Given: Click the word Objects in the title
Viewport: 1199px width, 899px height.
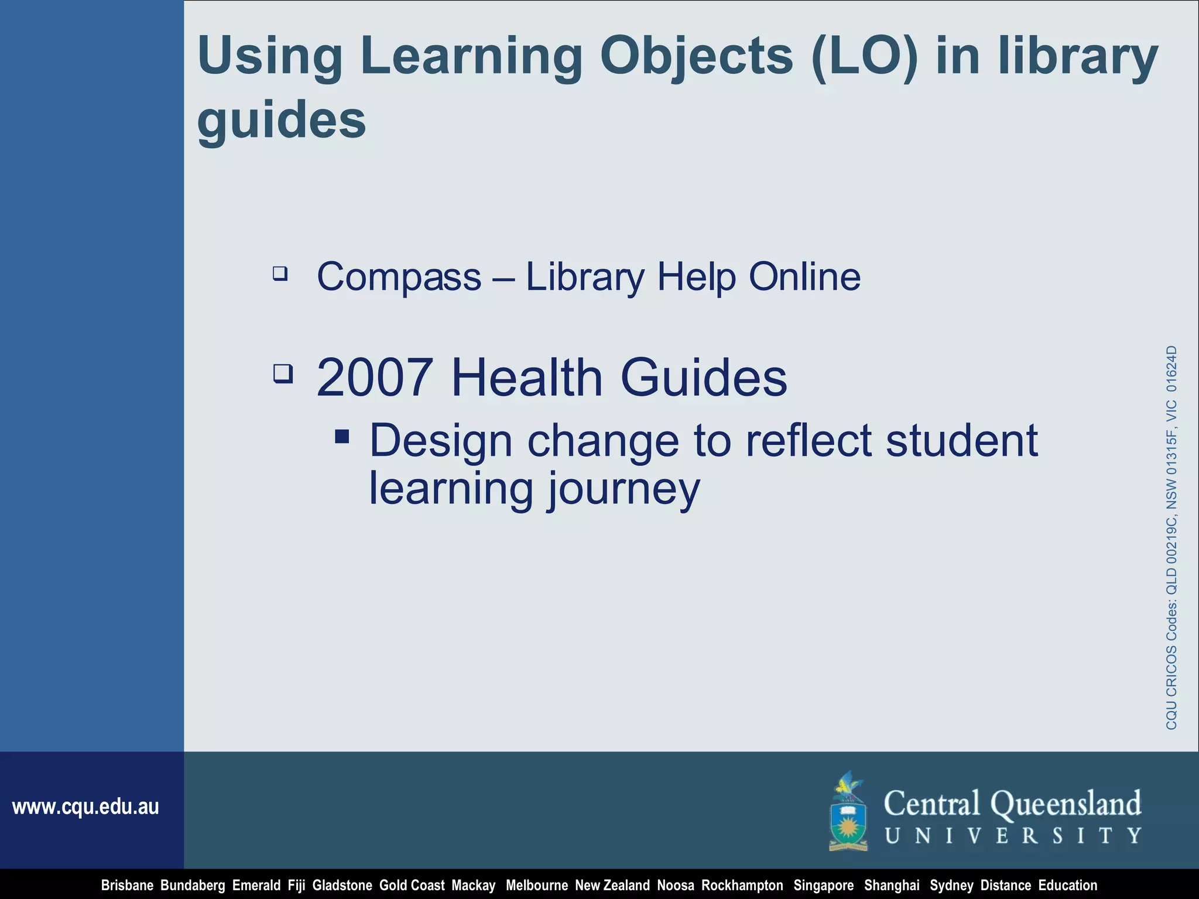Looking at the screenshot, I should (x=696, y=57).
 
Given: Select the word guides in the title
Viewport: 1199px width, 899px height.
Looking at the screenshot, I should (x=282, y=120).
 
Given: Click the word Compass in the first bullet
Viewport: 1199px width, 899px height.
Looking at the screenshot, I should (x=399, y=276).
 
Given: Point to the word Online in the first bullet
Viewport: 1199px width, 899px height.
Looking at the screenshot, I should (x=804, y=276).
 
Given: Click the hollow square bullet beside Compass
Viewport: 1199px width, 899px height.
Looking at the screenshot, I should (x=280, y=273).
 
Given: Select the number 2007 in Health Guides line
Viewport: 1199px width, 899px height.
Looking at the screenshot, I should (x=375, y=378).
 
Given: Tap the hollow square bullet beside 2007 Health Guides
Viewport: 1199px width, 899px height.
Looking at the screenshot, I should (x=283, y=373).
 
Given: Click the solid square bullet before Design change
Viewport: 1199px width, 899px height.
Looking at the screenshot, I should (x=342, y=437).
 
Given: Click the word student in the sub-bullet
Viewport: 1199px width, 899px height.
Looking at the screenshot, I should (x=961, y=440).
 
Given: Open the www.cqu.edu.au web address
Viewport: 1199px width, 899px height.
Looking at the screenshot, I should (x=85, y=807).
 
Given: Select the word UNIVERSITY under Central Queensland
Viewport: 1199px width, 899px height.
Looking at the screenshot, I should (x=1013, y=836).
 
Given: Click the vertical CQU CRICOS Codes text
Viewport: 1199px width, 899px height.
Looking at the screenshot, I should (x=1171, y=537).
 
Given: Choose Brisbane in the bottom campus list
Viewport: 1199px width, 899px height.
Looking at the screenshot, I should (x=127, y=886).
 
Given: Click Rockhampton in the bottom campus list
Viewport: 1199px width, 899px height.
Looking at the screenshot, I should (x=742, y=886).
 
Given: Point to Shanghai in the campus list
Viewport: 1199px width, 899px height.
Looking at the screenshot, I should (x=892, y=886).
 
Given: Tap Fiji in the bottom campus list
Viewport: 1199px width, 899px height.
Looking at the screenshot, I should (x=296, y=886).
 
